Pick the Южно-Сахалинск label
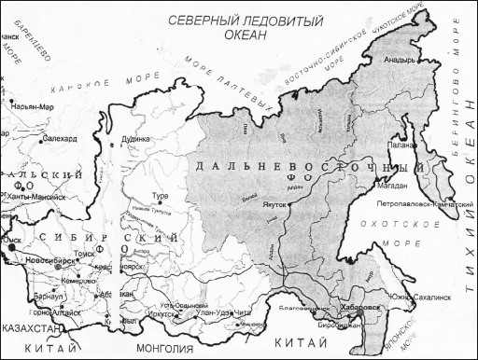[418, 298]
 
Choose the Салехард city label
[60, 137]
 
